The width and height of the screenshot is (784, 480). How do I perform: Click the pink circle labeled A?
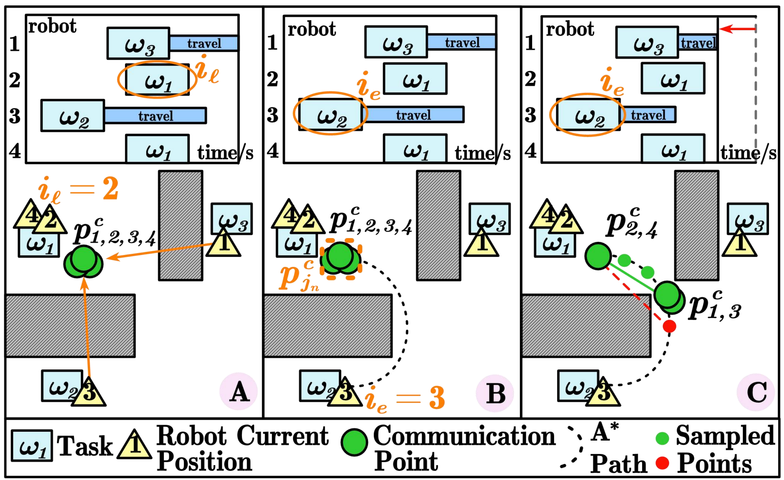point(238,391)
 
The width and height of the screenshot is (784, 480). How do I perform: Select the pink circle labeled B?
point(495,393)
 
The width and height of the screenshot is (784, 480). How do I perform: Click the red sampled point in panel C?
point(670,326)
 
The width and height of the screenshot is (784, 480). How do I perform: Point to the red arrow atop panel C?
point(737,29)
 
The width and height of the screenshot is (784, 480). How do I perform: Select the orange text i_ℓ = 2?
point(78,190)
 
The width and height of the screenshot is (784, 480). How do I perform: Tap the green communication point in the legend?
point(354,443)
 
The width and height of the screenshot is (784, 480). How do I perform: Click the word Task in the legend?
point(85,446)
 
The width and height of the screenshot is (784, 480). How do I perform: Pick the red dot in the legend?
point(662,463)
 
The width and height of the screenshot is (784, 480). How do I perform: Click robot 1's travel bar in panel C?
point(698,43)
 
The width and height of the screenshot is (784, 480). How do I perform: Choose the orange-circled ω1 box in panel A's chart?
point(158,80)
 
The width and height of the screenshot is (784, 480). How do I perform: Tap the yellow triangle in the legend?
point(134,445)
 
